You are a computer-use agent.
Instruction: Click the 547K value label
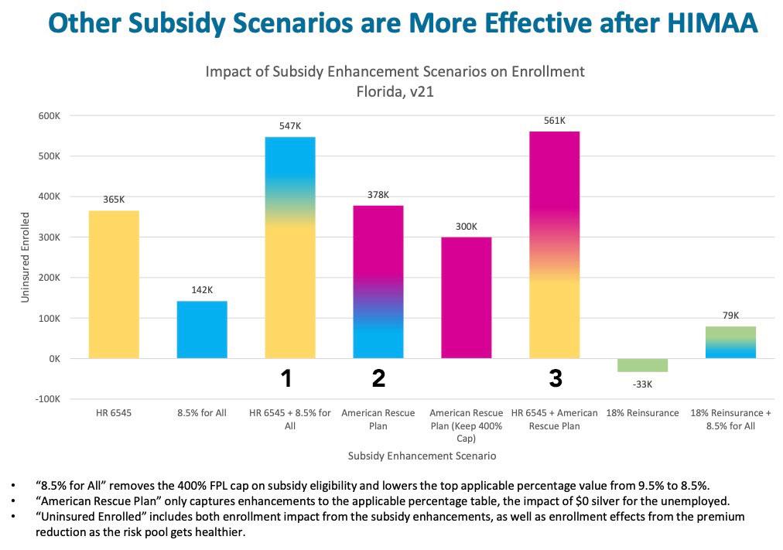[x=290, y=125]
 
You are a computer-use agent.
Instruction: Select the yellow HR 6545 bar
[x=114, y=284]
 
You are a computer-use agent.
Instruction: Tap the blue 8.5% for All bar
[x=202, y=330]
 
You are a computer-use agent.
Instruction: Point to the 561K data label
[x=555, y=121]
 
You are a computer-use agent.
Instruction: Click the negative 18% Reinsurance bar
[x=642, y=365]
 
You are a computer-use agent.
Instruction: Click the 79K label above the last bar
[x=730, y=316]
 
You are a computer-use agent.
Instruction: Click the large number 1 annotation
[x=286, y=378]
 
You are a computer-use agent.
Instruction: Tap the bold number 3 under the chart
[x=556, y=378]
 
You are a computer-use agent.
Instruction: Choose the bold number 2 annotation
[x=378, y=378]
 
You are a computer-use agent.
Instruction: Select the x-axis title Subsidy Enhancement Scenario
[x=422, y=456]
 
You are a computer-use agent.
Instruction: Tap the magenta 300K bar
[x=466, y=297]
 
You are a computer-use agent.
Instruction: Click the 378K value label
[x=378, y=195]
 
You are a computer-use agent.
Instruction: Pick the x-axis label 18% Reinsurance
[x=642, y=413]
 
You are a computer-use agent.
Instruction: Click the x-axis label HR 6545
[x=113, y=413]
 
